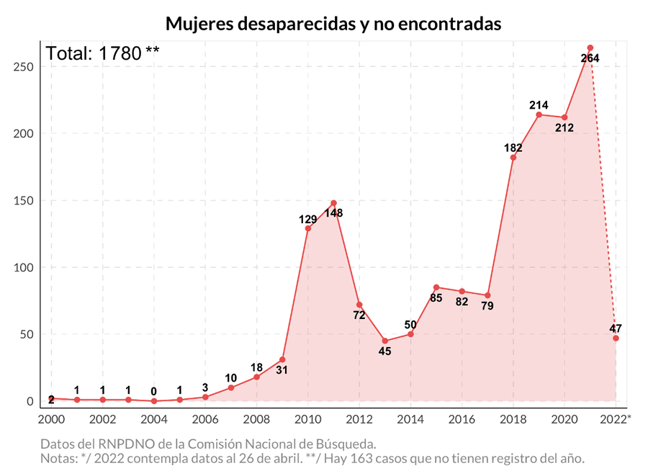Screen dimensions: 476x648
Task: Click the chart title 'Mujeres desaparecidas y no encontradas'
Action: click(333, 23)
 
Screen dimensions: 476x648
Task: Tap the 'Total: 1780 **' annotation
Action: click(102, 54)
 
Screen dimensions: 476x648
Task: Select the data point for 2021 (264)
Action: click(590, 48)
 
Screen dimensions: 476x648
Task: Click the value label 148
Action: click(333, 213)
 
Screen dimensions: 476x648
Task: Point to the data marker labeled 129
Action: click(308, 228)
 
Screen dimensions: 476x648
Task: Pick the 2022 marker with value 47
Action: click(616, 338)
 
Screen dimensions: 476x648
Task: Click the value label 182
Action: click(513, 148)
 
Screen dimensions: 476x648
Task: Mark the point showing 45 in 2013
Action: click(385, 341)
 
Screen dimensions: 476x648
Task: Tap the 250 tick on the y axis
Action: click(24, 67)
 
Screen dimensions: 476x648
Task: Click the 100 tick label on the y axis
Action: click(24, 268)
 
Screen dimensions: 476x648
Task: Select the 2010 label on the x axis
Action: click(308, 419)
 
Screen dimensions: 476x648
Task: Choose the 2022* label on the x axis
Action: click(618, 419)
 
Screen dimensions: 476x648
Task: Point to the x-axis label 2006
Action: click(205, 419)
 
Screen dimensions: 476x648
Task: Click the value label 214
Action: click(538, 105)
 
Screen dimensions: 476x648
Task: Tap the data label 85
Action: click(436, 297)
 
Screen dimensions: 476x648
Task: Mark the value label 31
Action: click(282, 371)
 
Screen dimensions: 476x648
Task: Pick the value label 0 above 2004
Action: click(154, 391)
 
